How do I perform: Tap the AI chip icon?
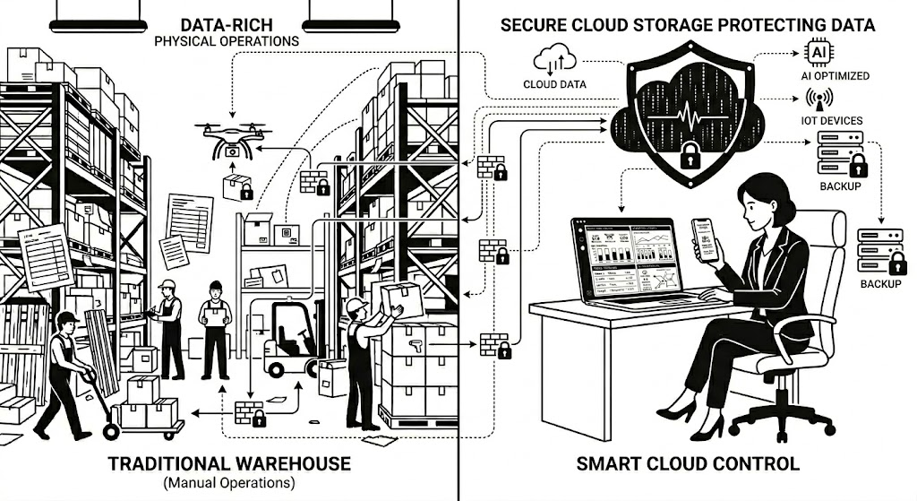coord(818,52)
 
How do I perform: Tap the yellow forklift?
coord(289,341)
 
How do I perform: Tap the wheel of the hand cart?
coord(111,431)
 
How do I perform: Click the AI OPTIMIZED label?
coord(835,75)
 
